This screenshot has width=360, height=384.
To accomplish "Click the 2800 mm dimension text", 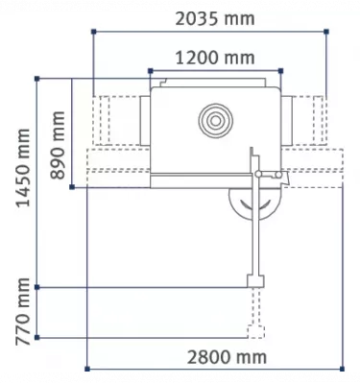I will tap(227, 358).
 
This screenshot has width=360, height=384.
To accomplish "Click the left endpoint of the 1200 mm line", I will tap(150, 70).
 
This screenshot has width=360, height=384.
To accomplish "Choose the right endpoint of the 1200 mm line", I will tap(281, 70).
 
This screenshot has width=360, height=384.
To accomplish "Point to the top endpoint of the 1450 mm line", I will tap(36, 79).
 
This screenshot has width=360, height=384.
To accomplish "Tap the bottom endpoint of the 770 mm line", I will tap(36, 338).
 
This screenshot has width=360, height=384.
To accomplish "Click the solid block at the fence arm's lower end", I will tap(254, 279).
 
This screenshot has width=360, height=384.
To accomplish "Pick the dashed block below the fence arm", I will tap(254, 332).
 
